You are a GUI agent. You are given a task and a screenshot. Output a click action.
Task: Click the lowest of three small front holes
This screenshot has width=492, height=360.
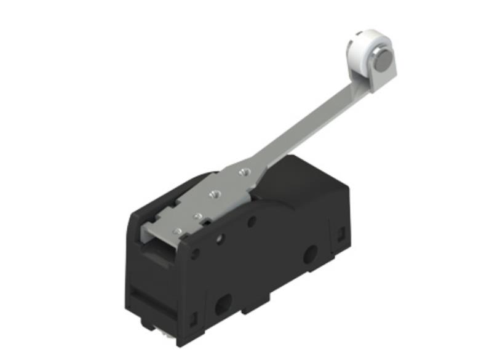195,253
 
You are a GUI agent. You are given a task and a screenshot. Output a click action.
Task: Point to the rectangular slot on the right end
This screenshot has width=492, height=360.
339,234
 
